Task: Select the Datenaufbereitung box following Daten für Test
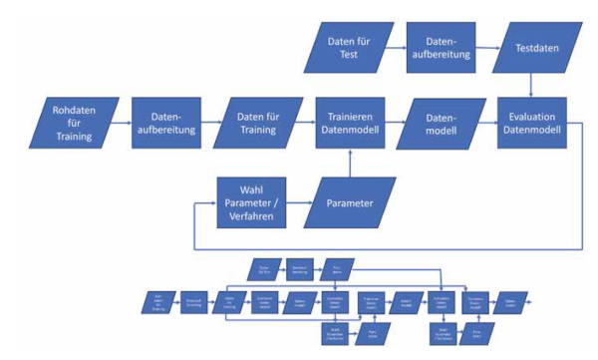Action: click(441, 46)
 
